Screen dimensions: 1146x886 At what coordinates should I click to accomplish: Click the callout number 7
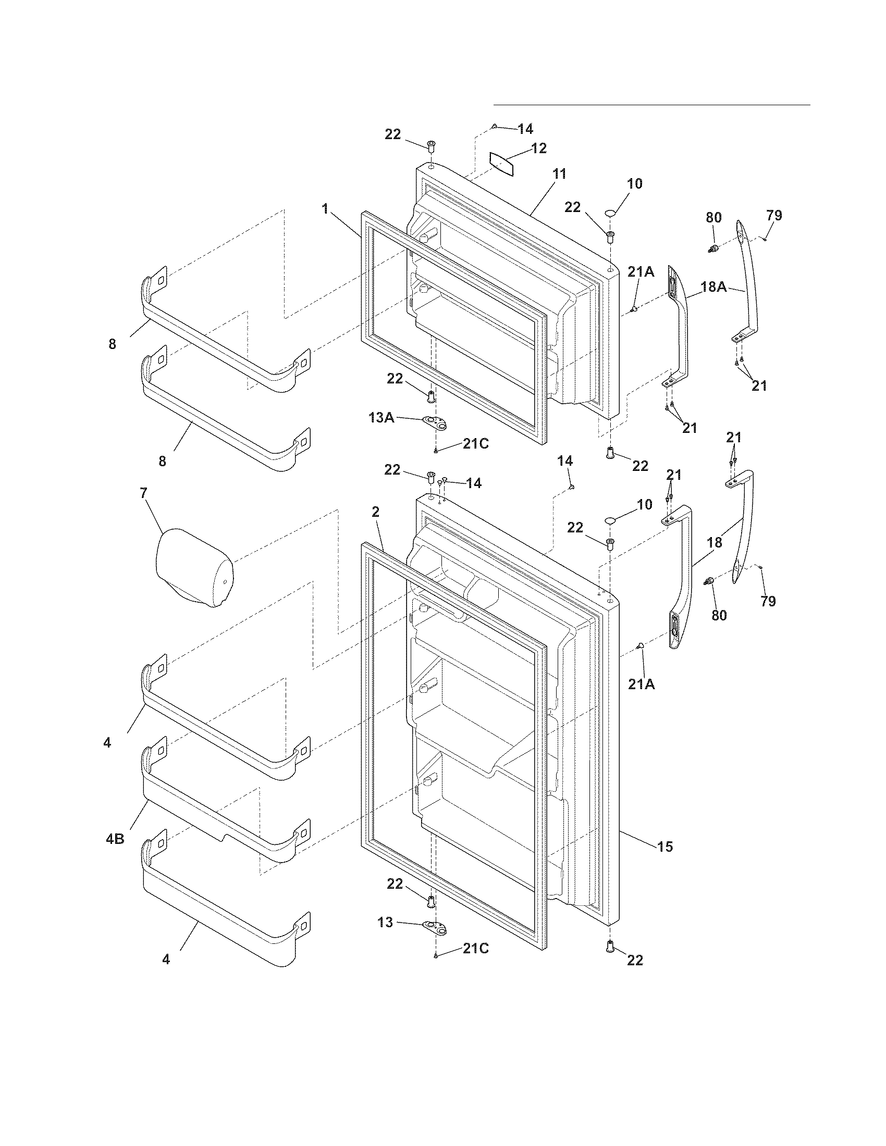143,493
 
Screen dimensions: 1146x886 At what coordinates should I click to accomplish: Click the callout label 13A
381,417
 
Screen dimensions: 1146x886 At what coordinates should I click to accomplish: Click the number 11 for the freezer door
560,173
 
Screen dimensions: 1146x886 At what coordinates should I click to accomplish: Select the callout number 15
664,846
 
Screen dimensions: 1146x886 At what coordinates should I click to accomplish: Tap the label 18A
714,286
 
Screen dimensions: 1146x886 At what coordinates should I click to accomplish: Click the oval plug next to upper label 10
610,213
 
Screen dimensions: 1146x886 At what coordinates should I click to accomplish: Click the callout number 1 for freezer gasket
325,209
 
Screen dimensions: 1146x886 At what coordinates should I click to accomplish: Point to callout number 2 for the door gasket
376,512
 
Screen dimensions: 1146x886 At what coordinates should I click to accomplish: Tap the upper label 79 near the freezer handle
773,215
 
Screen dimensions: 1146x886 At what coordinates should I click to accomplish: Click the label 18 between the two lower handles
715,543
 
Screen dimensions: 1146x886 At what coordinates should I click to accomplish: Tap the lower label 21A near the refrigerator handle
642,684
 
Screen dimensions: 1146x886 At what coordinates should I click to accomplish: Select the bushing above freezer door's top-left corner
430,145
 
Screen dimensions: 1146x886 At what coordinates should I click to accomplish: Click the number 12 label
538,148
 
